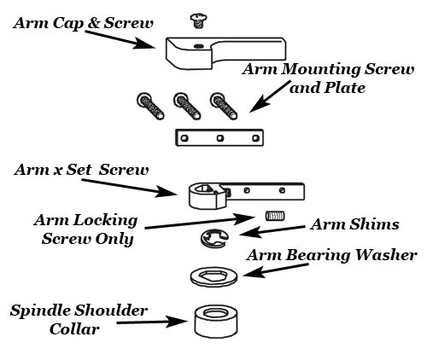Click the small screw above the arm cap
pos(198,21)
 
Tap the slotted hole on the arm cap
pos(198,46)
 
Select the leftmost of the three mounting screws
pos(150,106)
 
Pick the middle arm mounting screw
pos(187,106)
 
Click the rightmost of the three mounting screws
pos(224,106)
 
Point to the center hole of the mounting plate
pos(219,138)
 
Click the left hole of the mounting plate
pos(184,138)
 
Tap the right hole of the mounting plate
pos(255,138)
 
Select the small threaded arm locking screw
pos(275,216)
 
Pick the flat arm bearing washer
pos(213,276)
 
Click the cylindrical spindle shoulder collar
pos(216,322)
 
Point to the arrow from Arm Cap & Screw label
pos(120,39)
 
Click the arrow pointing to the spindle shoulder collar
pos(152,322)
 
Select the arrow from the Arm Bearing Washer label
pos(275,270)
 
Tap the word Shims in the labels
pos(374,224)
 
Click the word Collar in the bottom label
pos(74,329)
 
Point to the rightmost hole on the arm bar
pos(282,190)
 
